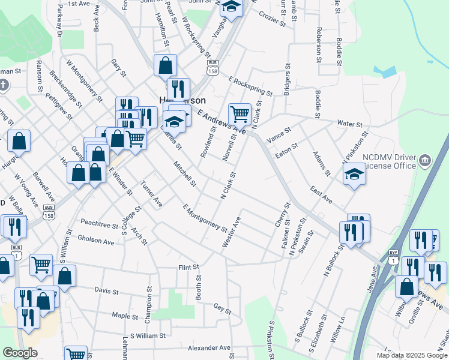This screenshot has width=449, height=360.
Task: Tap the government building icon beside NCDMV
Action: point(426,160)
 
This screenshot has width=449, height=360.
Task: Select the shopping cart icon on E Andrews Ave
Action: point(240,113)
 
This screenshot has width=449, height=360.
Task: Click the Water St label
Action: point(349,124)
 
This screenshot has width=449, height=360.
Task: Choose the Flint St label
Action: point(188,266)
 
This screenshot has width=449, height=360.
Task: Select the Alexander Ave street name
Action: point(209,347)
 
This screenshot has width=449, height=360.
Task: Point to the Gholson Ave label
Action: point(95,242)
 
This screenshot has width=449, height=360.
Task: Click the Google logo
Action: point(20,353)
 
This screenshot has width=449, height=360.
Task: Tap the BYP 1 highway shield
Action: point(393,257)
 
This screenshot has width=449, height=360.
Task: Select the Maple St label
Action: point(125,315)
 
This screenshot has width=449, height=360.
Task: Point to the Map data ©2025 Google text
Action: point(411,355)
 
